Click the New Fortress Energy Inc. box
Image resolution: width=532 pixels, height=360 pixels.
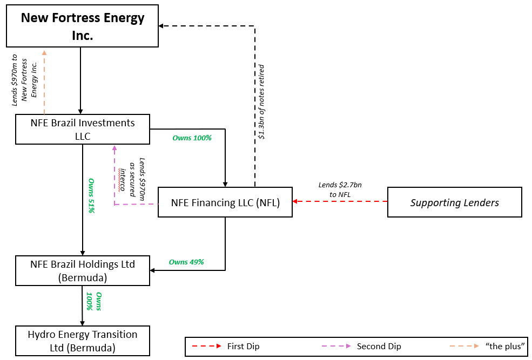click(x=82, y=26)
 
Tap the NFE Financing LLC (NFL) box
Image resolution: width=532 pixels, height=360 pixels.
click(x=225, y=203)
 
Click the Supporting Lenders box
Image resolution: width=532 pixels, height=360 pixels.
click(x=454, y=203)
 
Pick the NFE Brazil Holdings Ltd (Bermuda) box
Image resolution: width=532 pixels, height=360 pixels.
click(x=82, y=271)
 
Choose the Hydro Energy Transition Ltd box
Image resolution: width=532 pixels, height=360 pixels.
click(x=82, y=341)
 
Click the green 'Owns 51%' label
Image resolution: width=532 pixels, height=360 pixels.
click(x=91, y=195)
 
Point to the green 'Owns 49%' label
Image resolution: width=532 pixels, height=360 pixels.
click(x=186, y=262)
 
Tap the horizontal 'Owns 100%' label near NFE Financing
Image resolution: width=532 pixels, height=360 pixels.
click(x=192, y=138)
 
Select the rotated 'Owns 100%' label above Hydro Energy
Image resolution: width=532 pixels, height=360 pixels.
click(x=94, y=301)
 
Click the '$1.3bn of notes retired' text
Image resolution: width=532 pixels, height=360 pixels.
click(x=261, y=102)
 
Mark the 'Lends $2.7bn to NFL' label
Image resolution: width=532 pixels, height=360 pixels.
click(x=340, y=189)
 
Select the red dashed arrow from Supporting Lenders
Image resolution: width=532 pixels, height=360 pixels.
click(x=340, y=201)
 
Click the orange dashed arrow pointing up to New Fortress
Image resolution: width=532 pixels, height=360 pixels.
click(x=45, y=81)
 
